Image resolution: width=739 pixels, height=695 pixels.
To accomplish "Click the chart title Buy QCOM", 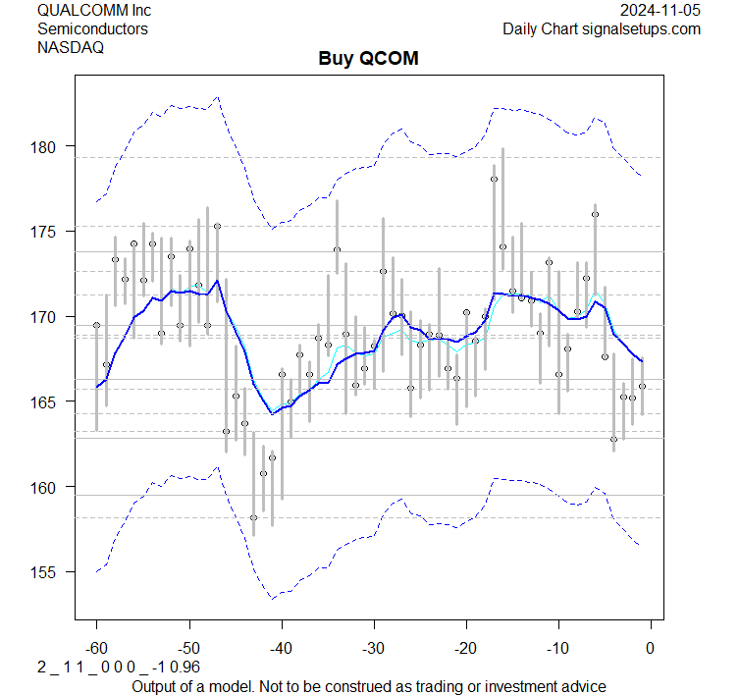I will pyautogui.click(x=368, y=58).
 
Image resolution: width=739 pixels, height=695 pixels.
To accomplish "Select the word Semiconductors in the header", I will pyautogui.click(x=92, y=28).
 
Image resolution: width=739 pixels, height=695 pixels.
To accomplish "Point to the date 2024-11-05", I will pyautogui.click(x=660, y=10).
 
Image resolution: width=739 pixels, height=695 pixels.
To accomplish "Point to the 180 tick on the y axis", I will pyautogui.click(x=50, y=146).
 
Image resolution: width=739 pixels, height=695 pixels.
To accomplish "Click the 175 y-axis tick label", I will pyautogui.click(x=50, y=232).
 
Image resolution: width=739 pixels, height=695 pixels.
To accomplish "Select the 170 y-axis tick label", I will pyautogui.click(x=50, y=317).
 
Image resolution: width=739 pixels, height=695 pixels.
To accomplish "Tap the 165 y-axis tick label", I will pyautogui.click(x=50, y=401).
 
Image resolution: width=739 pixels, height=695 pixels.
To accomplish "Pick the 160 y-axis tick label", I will pyautogui.click(x=50, y=487).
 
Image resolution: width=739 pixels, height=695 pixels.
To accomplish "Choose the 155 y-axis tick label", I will pyautogui.click(x=50, y=572).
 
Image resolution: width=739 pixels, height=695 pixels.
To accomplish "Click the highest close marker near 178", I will pyautogui.click(x=494, y=179).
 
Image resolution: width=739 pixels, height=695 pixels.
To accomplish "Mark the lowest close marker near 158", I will pyautogui.click(x=253, y=517).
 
